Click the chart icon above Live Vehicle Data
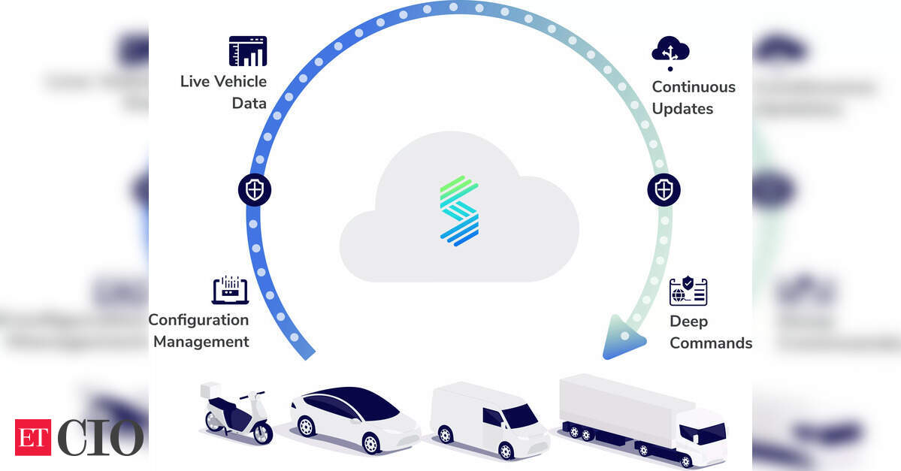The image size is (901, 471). pos(248,51)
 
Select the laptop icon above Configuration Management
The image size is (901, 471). pos(230,289)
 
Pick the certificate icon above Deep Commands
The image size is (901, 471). pos(688,291)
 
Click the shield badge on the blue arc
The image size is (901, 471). pos(255,189)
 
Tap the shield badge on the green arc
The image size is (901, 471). pos(664,189)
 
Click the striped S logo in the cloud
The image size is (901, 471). pos(460,211)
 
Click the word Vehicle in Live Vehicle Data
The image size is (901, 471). pos(240,82)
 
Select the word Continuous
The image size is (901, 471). pos(694,86)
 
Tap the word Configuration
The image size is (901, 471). pos(199,320)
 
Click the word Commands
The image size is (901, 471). pos(711,343)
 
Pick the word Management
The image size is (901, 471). pos(201,342)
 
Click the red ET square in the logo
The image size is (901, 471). pos(33,438)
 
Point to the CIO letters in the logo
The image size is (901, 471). pos(99,438)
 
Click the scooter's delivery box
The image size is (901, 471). pos(210,390)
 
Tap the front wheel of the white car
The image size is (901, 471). pos(370,443)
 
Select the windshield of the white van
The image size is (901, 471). pos(520,415)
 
